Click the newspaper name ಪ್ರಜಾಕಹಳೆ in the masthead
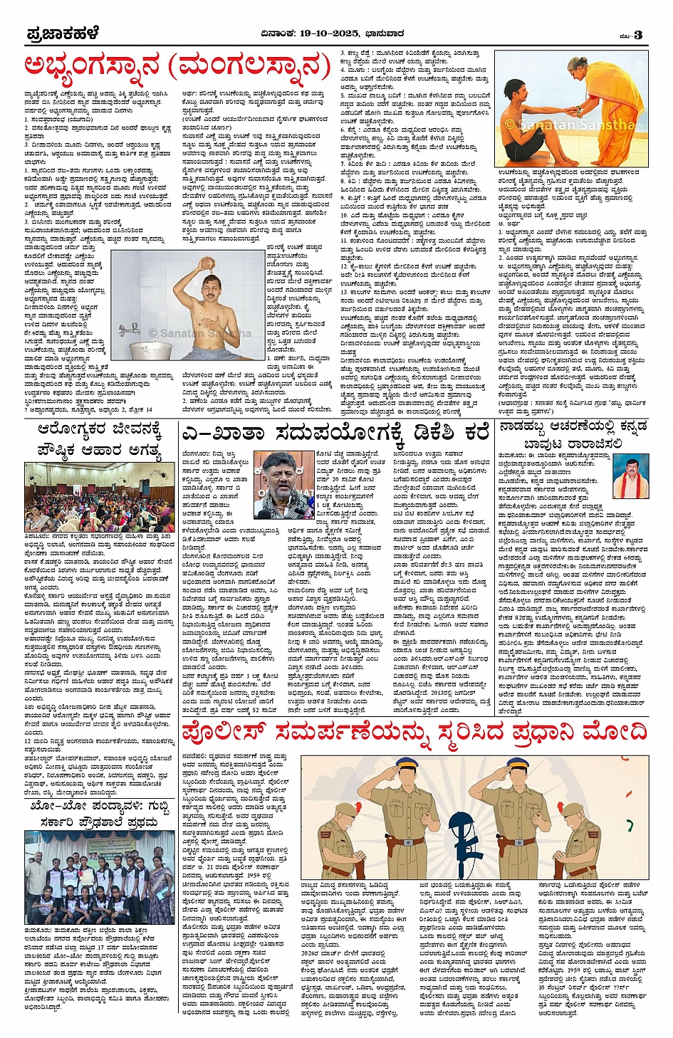click(63, 33)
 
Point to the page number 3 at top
click(638, 34)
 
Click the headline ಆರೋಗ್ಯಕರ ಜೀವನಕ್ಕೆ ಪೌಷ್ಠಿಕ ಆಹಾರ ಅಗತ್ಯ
click(100, 440)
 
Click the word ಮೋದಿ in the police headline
click(613, 730)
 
